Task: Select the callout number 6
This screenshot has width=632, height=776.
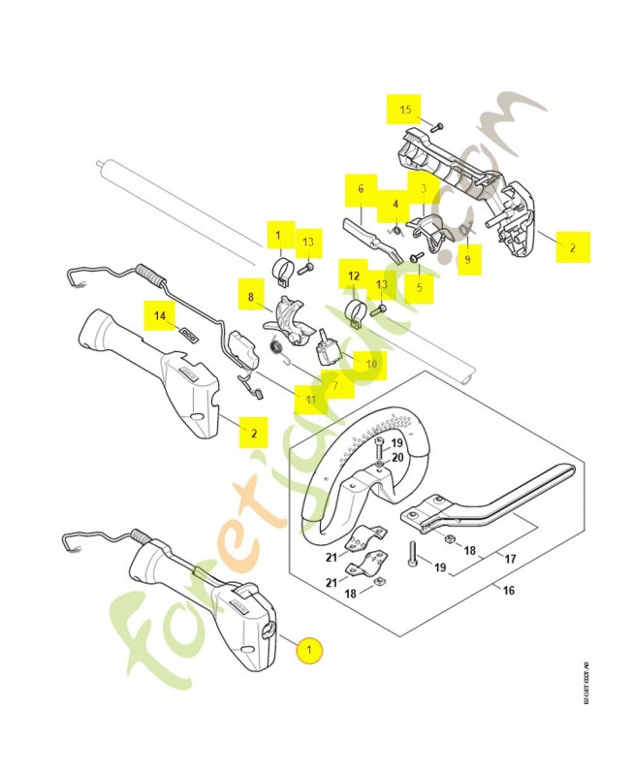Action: (x=360, y=188)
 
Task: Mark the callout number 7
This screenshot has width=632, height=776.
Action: (x=335, y=385)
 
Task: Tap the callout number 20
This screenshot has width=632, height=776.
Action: (x=396, y=457)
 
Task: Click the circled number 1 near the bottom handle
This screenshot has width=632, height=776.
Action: (x=309, y=650)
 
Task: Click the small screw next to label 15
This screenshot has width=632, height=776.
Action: (x=437, y=127)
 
